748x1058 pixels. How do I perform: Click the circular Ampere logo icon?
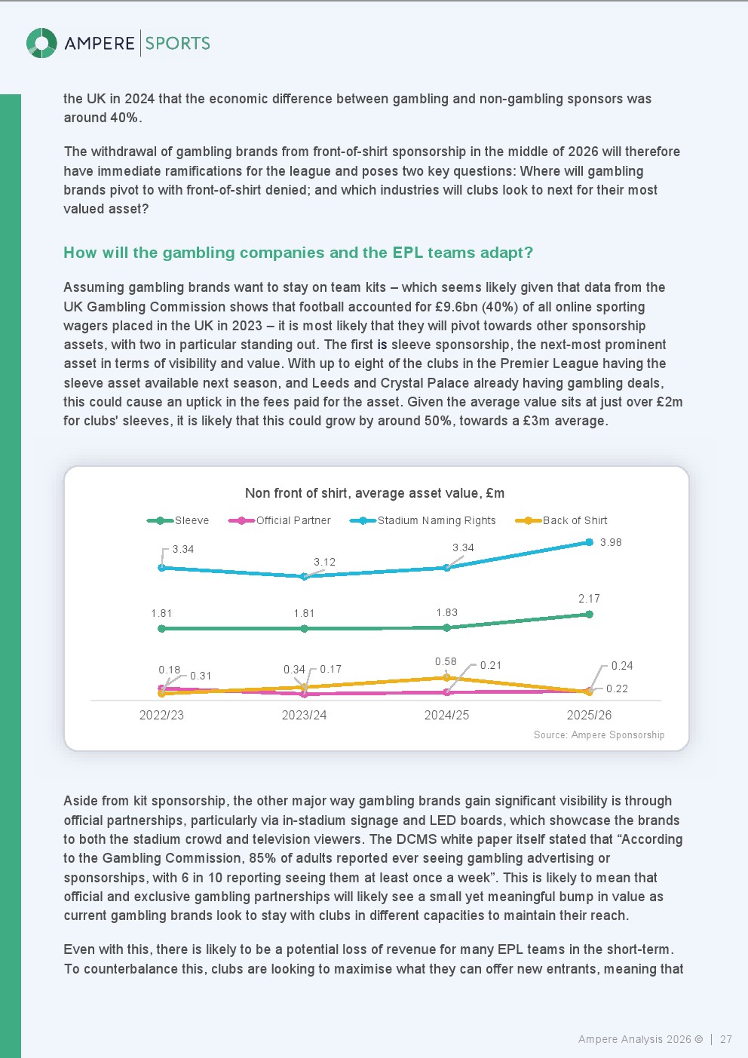[x=41, y=43]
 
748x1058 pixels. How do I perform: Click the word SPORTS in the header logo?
[x=178, y=43]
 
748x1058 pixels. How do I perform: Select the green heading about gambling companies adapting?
[x=298, y=253]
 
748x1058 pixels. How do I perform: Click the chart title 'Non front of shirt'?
[x=375, y=493]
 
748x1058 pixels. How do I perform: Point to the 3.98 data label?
[x=611, y=542]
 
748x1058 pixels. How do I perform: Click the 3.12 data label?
[x=324, y=562]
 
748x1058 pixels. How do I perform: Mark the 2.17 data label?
[x=589, y=599]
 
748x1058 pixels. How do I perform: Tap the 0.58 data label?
[x=446, y=661]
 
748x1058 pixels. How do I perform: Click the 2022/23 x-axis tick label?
[x=161, y=715]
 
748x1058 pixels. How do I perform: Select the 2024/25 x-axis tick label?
[x=446, y=715]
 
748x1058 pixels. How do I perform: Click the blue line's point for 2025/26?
[x=590, y=542]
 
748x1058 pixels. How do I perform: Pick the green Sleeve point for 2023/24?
[x=304, y=628]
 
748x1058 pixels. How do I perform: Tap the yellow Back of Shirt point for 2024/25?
[x=446, y=678]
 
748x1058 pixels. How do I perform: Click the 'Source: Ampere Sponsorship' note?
[x=599, y=735]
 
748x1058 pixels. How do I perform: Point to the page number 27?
[x=726, y=1039]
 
